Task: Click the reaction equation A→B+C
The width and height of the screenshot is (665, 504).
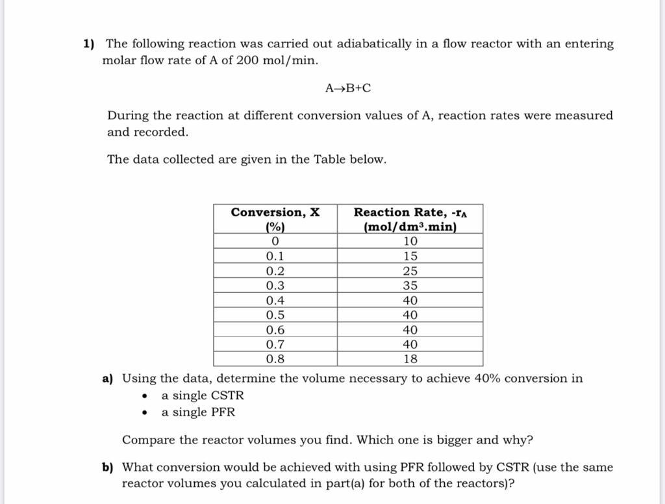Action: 348,88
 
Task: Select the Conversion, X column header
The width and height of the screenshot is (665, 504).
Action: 275,219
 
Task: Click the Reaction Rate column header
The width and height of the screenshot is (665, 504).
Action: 410,219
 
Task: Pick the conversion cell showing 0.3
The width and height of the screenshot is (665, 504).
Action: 275,286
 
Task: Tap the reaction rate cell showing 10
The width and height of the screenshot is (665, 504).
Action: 410,242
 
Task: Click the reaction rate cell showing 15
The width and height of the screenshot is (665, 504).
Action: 410,257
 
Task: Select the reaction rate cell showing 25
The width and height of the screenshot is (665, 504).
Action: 410,271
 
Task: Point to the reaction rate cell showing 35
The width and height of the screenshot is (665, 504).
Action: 410,286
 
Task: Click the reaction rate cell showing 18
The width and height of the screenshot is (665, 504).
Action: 410,359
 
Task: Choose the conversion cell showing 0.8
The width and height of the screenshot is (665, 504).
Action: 275,359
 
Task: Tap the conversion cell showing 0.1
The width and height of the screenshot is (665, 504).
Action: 275,257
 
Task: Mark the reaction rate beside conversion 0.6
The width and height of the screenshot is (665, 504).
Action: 410,330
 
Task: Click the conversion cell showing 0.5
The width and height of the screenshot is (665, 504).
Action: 275,315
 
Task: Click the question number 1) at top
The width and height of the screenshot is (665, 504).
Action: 89,44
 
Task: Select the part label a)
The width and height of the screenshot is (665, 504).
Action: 108,379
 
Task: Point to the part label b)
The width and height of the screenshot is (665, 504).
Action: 108,468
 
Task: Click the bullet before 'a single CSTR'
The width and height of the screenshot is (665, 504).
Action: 145,396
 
